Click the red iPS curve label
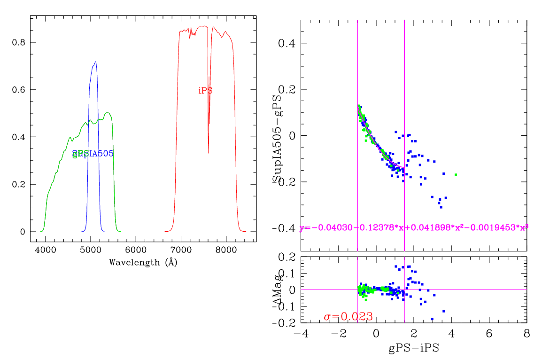coord(205,91)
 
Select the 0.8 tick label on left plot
coord(19,42)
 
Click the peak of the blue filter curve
coord(95,62)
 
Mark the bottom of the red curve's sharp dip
coord(209,153)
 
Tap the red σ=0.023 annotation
coord(348,317)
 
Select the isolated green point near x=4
coord(456,174)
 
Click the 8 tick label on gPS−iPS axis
coord(527,334)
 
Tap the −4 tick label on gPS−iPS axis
coord(301,334)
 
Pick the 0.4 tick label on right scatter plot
coord(286,44)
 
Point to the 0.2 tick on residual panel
coord(286,257)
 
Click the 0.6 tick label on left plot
coord(19,90)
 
